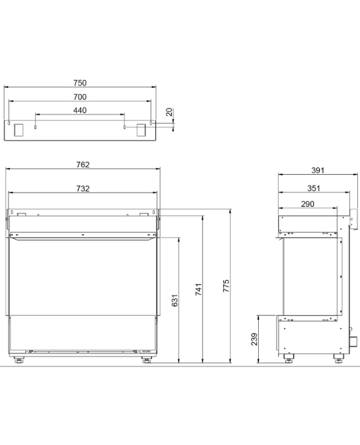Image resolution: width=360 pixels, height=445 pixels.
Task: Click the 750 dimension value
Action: tap(80, 83)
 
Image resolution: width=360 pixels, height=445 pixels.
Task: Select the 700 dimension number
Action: tap(80, 97)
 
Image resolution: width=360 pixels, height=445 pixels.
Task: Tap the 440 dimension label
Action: tap(80, 110)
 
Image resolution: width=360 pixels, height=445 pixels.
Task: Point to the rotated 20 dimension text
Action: tap(169, 112)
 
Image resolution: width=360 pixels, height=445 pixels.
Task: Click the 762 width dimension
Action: tap(83, 165)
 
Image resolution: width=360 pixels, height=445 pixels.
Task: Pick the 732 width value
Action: tap(83, 189)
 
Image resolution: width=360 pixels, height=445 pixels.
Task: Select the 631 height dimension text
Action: tap(175, 300)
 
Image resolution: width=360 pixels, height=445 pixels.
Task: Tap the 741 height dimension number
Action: tap(199, 289)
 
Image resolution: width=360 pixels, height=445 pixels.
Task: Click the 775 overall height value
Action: tap(226, 286)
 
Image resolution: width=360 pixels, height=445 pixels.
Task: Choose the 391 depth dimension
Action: tap(318, 170)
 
